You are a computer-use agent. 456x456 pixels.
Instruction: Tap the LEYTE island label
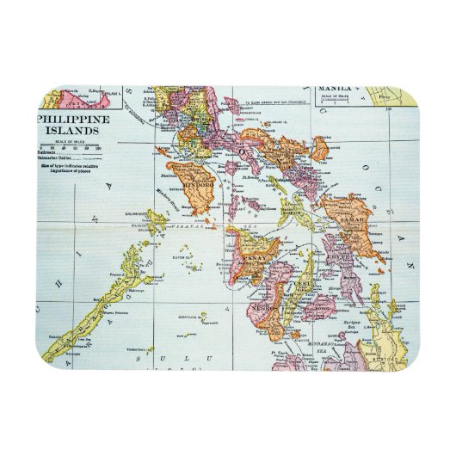339,256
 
